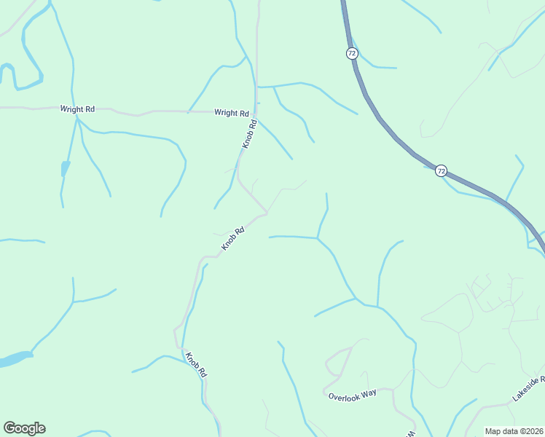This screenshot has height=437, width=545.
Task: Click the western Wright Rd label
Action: pos(77,109)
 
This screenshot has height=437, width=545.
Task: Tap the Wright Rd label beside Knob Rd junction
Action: pos(232,113)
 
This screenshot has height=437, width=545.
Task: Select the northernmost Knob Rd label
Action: pos(249,135)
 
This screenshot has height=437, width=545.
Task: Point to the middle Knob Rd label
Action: pos(232,240)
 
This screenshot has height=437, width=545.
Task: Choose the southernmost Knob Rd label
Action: pos(196,365)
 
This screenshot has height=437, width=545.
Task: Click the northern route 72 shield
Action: pos(352,53)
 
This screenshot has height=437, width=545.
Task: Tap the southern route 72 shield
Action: pos(441,170)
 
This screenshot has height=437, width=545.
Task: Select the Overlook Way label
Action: pos(352,393)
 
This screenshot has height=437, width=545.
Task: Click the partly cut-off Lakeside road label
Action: pos(528,390)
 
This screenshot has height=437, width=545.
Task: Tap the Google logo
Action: pos(24,428)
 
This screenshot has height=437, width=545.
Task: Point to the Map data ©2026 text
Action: pos(514,431)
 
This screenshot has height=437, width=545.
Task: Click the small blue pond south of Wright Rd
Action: pos(65,169)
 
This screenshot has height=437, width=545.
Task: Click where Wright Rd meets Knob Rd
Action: pos(255,113)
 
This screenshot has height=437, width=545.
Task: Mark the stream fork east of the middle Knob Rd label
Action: pos(317,237)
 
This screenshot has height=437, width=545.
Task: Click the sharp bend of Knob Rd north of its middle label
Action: pos(266,213)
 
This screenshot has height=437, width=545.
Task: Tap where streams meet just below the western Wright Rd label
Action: pos(77,120)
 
